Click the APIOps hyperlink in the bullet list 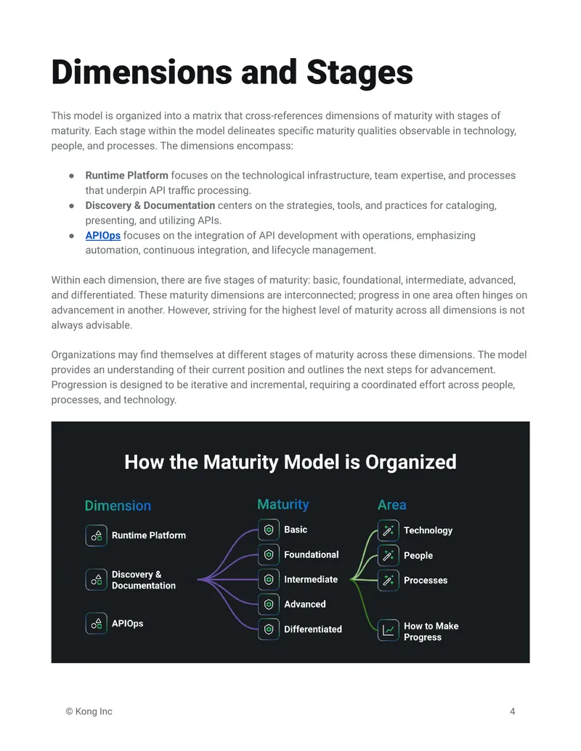coord(102,236)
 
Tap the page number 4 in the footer coord(513,712)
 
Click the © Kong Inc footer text coord(89,712)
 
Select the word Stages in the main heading coord(359,73)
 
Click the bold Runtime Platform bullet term coord(126,176)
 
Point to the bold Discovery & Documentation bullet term coord(150,205)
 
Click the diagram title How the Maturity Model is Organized coord(290,462)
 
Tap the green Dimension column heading coord(118,506)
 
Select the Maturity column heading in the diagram coord(283,504)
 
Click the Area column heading coord(392,505)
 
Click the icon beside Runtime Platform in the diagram coord(97,535)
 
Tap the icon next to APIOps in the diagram coord(97,623)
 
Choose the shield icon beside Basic coord(269,530)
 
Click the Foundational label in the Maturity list coord(312,554)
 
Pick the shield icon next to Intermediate coord(269,580)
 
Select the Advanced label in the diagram coord(305,604)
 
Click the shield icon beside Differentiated coord(269,629)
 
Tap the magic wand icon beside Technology coord(389,530)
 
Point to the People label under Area coord(418,556)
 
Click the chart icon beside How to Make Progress coord(389,631)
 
